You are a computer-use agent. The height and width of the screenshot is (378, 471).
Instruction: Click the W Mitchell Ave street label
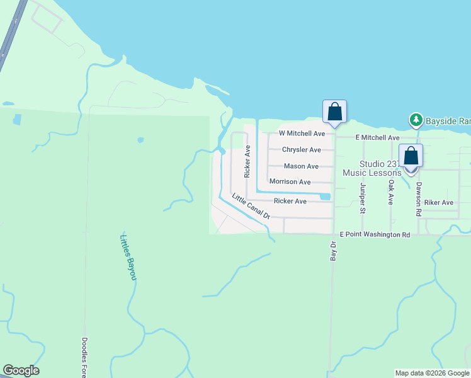click(302, 134)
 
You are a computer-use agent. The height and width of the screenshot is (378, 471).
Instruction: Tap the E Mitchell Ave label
click(377, 137)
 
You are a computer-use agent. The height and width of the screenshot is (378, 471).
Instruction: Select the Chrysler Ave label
click(301, 150)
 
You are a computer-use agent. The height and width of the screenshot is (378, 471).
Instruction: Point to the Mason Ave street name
click(301, 166)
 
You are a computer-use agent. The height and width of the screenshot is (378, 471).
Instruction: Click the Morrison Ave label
click(290, 181)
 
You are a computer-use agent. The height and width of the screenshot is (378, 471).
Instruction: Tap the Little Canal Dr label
click(251, 206)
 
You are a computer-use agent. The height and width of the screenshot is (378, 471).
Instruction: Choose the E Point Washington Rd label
click(375, 234)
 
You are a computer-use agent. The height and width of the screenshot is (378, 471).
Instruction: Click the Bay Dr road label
click(333, 249)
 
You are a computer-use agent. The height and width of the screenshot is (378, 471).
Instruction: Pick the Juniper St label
click(363, 198)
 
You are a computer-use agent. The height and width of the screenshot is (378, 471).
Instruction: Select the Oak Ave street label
click(391, 193)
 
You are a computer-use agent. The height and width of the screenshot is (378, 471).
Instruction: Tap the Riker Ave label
click(438, 203)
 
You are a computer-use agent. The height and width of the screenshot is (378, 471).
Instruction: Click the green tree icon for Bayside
click(415, 119)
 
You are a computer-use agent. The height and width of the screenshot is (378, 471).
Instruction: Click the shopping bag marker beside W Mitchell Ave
click(334, 112)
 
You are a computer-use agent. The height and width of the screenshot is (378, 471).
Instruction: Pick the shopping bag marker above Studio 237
click(411, 156)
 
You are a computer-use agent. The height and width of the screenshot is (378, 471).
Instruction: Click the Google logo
click(21, 370)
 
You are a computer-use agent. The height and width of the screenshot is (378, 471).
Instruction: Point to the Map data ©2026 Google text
click(433, 373)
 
